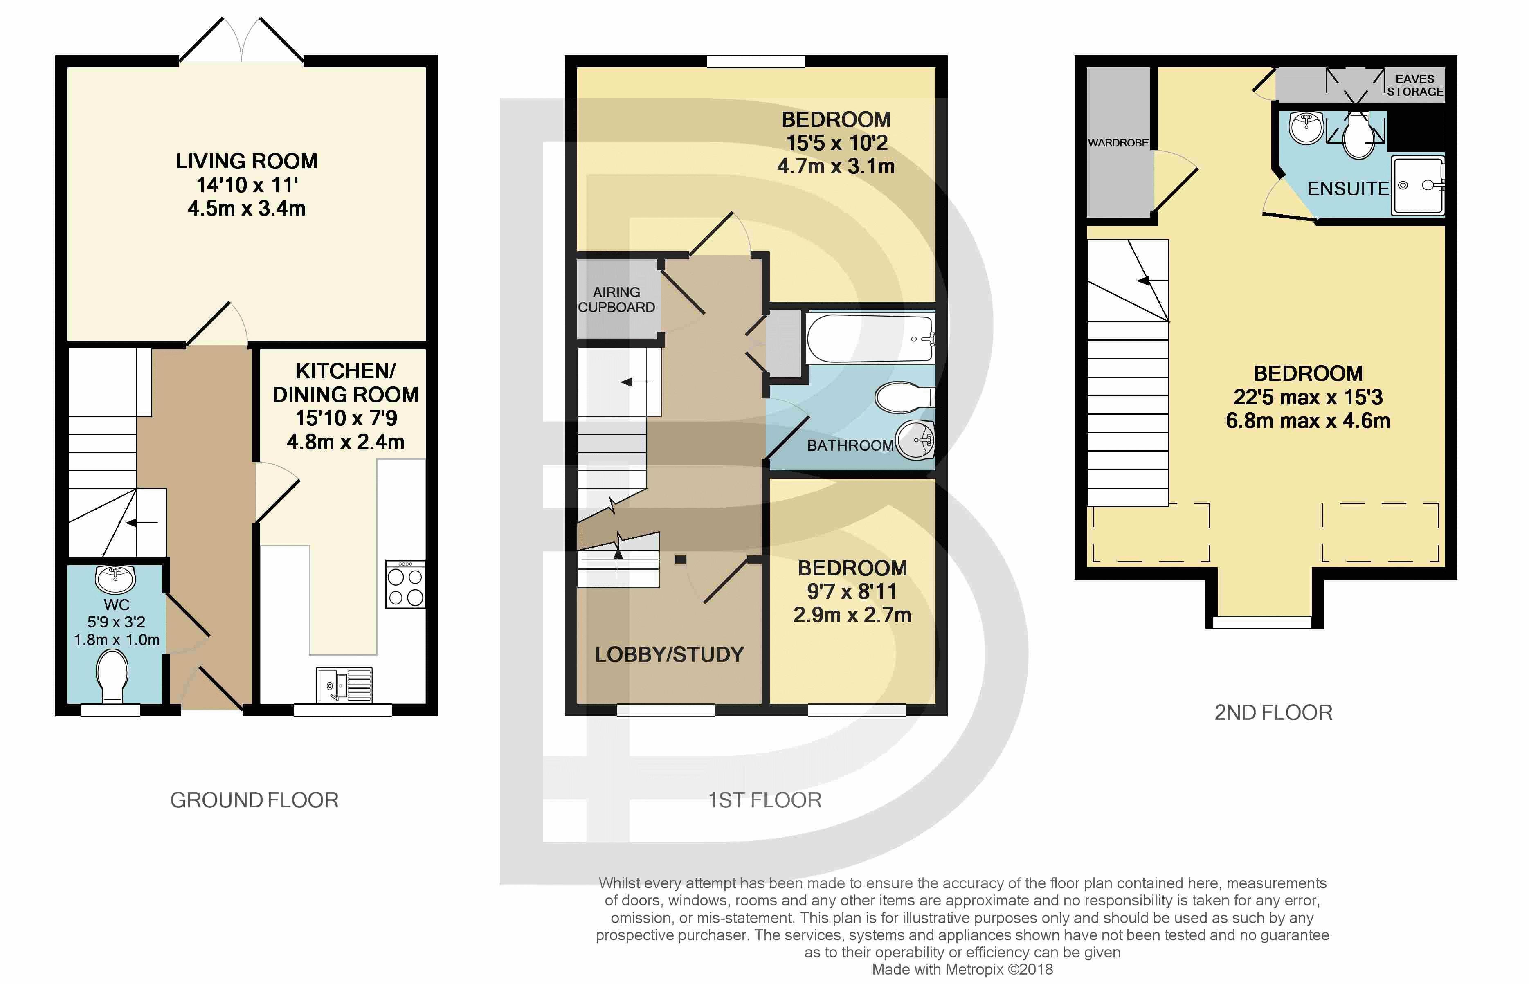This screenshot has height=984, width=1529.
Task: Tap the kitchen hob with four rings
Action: click(405, 585)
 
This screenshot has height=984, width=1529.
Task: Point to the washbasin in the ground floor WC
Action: click(116, 578)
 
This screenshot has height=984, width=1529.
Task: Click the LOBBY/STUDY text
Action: click(669, 654)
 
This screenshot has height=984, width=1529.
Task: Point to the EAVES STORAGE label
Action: click(1414, 85)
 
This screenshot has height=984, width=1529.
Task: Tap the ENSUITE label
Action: click(1347, 189)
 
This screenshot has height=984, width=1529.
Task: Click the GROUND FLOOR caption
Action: click(254, 800)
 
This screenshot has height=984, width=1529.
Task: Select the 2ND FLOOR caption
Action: click(1273, 712)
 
